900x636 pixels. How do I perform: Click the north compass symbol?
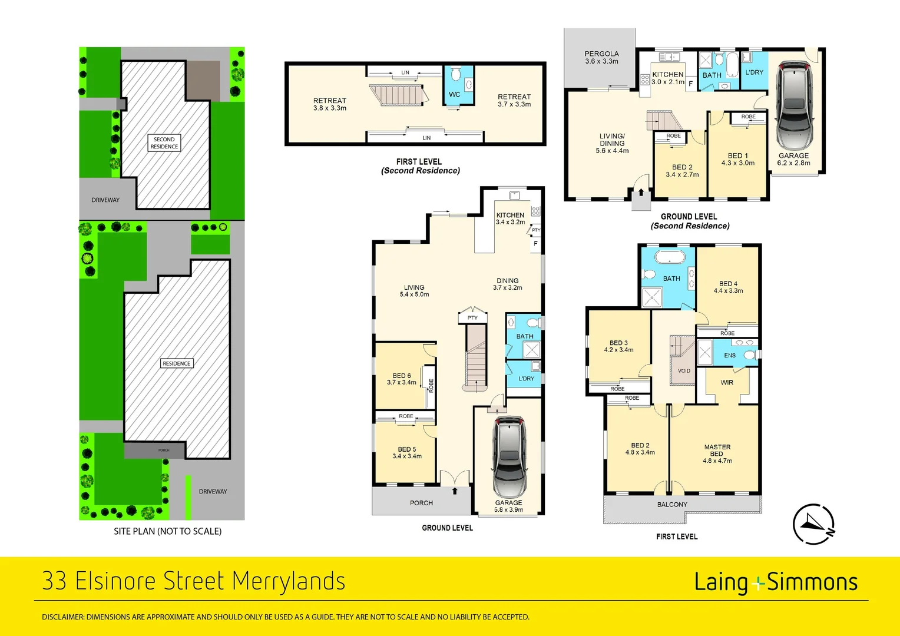click(x=813, y=524)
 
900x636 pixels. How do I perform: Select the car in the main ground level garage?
click(x=508, y=456)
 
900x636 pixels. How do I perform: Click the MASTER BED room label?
click(x=717, y=450)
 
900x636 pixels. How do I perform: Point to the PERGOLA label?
click(x=601, y=54)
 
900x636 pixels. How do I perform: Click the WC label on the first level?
click(x=454, y=94)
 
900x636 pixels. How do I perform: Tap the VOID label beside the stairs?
click(x=684, y=371)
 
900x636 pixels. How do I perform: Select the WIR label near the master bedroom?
click(x=727, y=383)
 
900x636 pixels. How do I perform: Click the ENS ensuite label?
click(x=730, y=356)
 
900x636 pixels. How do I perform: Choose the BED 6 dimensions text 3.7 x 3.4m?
click(x=402, y=383)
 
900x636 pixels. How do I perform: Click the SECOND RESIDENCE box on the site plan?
click(x=164, y=143)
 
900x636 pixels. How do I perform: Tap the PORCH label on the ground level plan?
click(x=421, y=503)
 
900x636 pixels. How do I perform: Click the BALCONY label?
click(x=672, y=505)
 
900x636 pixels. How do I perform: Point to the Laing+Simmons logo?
click(x=775, y=582)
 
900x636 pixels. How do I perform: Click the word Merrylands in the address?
click(x=288, y=581)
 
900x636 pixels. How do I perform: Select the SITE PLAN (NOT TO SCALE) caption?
click(x=167, y=531)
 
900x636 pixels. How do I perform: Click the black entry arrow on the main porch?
click(x=455, y=491)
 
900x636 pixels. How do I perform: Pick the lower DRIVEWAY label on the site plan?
click(x=213, y=491)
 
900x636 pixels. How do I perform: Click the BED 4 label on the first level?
click(x=728, y=283)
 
